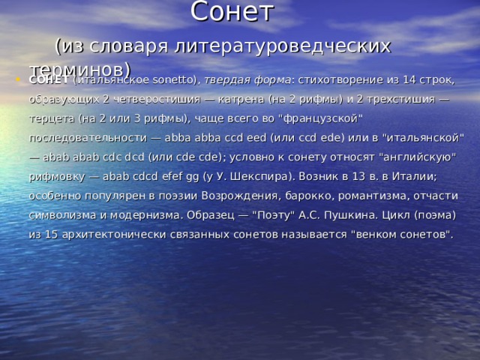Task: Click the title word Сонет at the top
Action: (x=232, y=12)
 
